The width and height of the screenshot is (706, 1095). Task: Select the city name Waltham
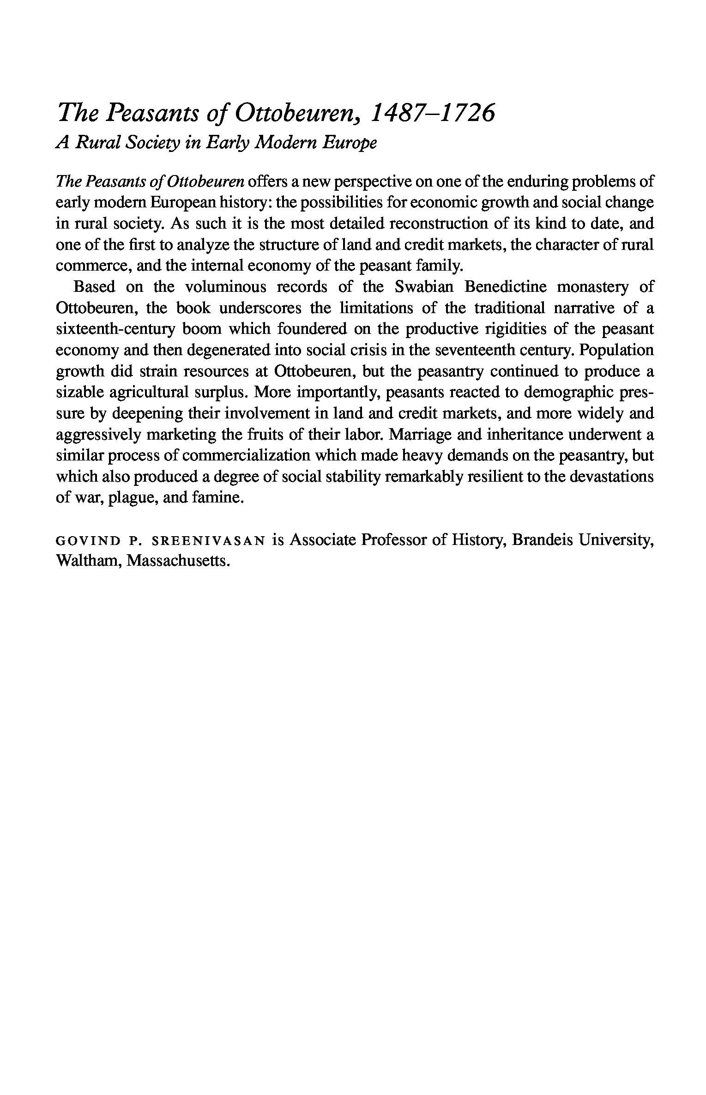pyautogui.click(x=87, y=560)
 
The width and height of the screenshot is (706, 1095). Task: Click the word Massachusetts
pyautogui.click(x=178, y=560)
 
